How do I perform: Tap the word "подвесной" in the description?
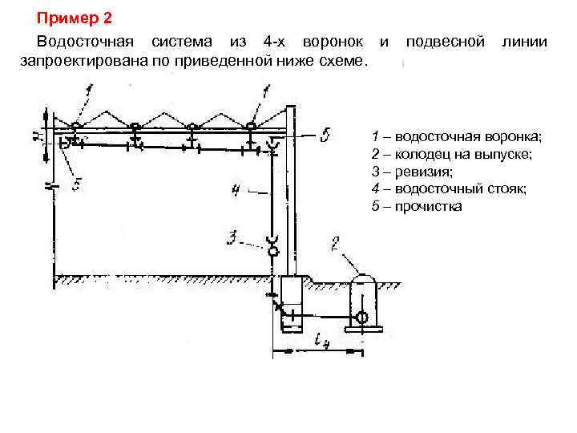click(x=446, y=41)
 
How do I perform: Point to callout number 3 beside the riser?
click(x=232, y=237)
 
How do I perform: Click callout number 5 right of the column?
click(x=323, y=136)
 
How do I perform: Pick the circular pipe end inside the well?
click(x=362, y=318)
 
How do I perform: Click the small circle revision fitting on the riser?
click(x=273, y=251)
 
